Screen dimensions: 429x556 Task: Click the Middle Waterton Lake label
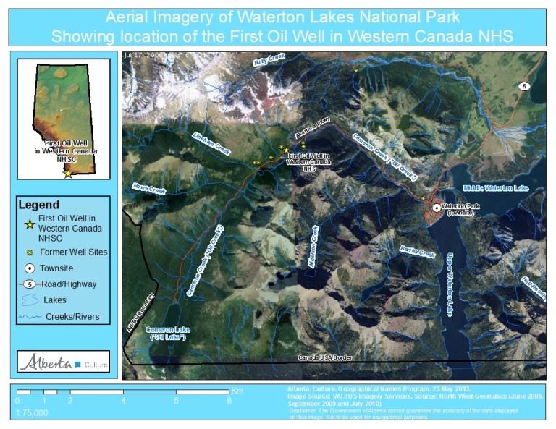(496, 188)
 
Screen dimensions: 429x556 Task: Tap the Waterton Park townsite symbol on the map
(436, 207)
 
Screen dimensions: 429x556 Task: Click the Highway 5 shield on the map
(524, 86)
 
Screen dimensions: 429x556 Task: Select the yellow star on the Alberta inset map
(68, 174)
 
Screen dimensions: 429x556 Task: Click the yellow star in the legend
(29, 223)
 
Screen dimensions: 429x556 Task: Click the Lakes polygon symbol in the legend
(30, 300)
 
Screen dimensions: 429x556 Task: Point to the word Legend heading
(39, 205)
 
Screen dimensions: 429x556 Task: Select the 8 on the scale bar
(229, 400)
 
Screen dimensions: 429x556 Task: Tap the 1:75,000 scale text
(32, 412)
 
